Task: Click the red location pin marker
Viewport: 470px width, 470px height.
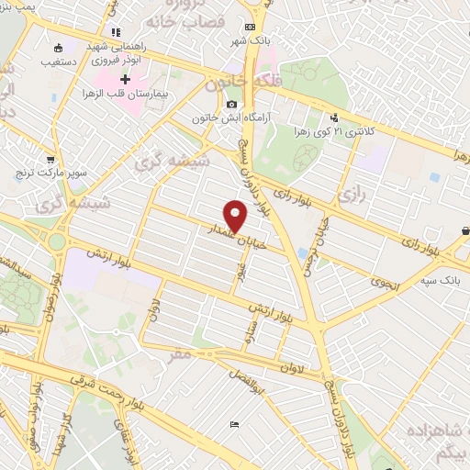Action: click(x=237, y=216)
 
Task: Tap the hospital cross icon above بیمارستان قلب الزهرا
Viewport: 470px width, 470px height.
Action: click(x=125, y=79)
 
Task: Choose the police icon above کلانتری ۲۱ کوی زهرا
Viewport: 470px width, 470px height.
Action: click(x=334, y=117)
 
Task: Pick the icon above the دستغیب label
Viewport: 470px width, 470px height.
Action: click(x=60, y=47)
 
